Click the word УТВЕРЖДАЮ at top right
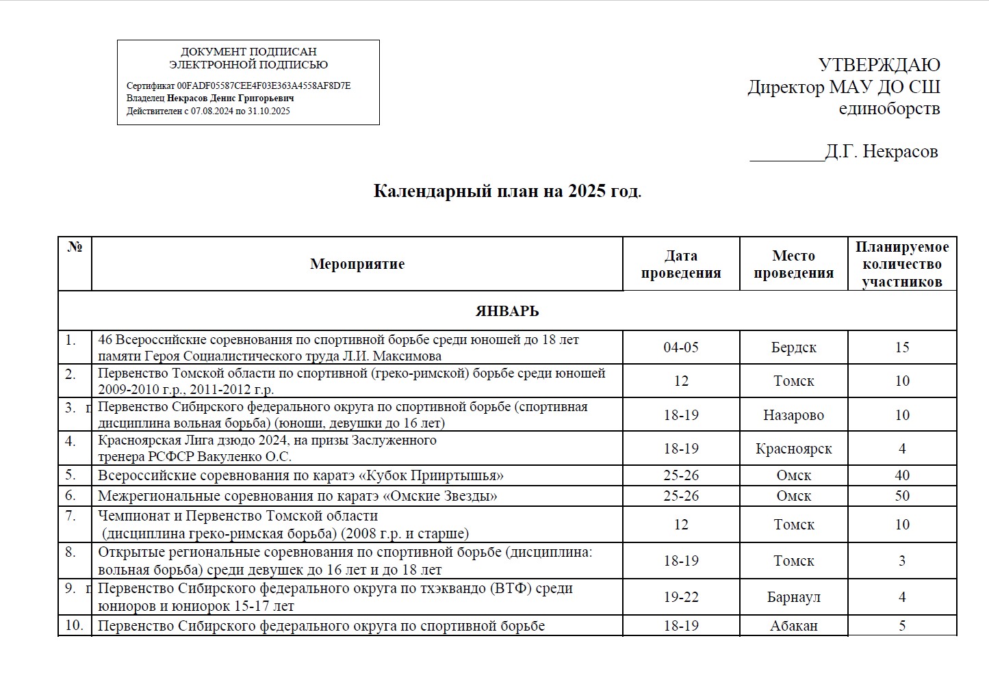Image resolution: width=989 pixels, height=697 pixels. [879, 65]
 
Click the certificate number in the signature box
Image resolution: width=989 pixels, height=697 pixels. [264, 86]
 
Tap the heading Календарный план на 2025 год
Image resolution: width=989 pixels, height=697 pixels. [507, 191]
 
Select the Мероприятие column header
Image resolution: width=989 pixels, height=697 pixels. [357, 264]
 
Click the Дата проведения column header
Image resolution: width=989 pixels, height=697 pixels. [680, 264]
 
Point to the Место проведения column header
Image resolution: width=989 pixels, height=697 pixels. [793, 264]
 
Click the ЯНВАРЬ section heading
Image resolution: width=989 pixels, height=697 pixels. [507, 311]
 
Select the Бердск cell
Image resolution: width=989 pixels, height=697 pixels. [793, 347]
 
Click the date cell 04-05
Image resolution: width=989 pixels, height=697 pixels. [680, 347]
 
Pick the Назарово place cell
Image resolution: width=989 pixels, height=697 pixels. [793, 415]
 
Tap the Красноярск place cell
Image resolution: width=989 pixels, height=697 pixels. [793, 449]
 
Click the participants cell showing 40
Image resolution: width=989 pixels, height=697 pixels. [901, 475]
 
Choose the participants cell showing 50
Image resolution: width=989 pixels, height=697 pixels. [901, 496]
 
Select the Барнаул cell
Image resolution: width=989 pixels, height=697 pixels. [793, 597]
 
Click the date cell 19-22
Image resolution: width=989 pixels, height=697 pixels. [680, 597]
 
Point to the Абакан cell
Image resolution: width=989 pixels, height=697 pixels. [793, 626]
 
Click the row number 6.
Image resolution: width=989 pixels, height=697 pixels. [70, 495]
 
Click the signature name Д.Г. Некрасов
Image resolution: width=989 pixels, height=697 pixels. [881, 151]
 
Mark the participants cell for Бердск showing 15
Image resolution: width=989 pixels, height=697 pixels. [901, 347]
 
